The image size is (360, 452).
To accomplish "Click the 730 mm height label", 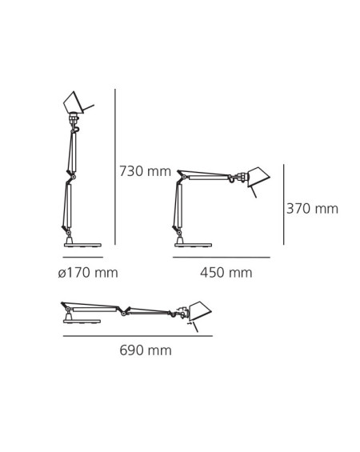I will (145, 171).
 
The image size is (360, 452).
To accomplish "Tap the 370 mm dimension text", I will (312, 209).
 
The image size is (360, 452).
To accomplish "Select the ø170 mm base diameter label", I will (88, 273).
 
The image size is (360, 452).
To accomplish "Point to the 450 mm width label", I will (226, 273).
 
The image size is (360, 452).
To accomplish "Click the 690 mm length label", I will (146, 350).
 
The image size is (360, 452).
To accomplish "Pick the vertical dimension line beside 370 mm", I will (283, 204).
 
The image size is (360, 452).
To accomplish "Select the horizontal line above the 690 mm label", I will (138, 336).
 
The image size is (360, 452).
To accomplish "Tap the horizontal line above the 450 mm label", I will (221, 258).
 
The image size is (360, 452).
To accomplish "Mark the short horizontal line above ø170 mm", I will (82, 258).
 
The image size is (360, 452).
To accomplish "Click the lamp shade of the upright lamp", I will (74, 102).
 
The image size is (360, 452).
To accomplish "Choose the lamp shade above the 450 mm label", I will (258, 177).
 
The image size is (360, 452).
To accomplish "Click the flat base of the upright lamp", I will (82, 244).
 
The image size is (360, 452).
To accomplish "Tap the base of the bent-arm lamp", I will (193, 244).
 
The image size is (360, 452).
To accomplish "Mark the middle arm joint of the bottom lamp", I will (123, 311).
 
